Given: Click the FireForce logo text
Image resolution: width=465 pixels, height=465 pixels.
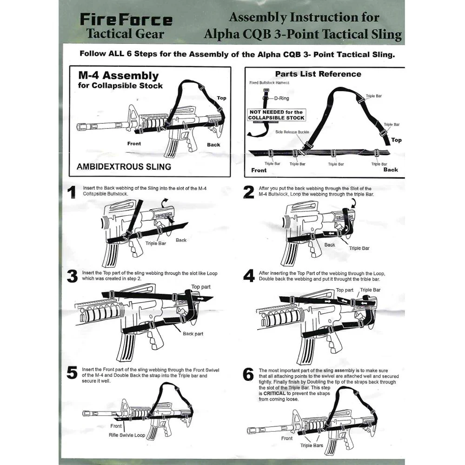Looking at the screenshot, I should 126,20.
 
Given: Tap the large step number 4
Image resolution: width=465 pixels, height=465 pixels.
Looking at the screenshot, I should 249,276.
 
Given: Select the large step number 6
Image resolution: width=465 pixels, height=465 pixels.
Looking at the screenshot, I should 249,374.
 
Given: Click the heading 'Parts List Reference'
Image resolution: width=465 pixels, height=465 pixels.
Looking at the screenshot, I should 318,74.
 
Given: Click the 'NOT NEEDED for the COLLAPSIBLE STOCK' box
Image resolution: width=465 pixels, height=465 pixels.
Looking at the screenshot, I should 276,115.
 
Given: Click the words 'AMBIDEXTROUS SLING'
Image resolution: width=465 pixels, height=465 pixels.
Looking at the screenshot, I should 124,166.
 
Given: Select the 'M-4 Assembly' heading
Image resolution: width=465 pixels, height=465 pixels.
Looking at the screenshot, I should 118,76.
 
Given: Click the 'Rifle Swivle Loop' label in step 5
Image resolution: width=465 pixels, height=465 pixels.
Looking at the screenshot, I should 127,435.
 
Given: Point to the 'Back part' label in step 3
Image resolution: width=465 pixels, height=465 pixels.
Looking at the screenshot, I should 193,334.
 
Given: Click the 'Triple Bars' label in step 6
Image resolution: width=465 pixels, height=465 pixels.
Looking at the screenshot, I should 312,445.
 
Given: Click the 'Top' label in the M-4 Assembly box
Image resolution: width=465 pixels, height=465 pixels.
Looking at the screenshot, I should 222,98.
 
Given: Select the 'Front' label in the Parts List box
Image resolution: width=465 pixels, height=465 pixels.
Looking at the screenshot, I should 259,170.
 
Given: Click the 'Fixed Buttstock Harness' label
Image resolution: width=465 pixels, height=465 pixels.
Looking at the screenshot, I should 269,83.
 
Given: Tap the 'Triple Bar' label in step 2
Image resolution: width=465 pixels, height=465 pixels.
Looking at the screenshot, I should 359,248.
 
